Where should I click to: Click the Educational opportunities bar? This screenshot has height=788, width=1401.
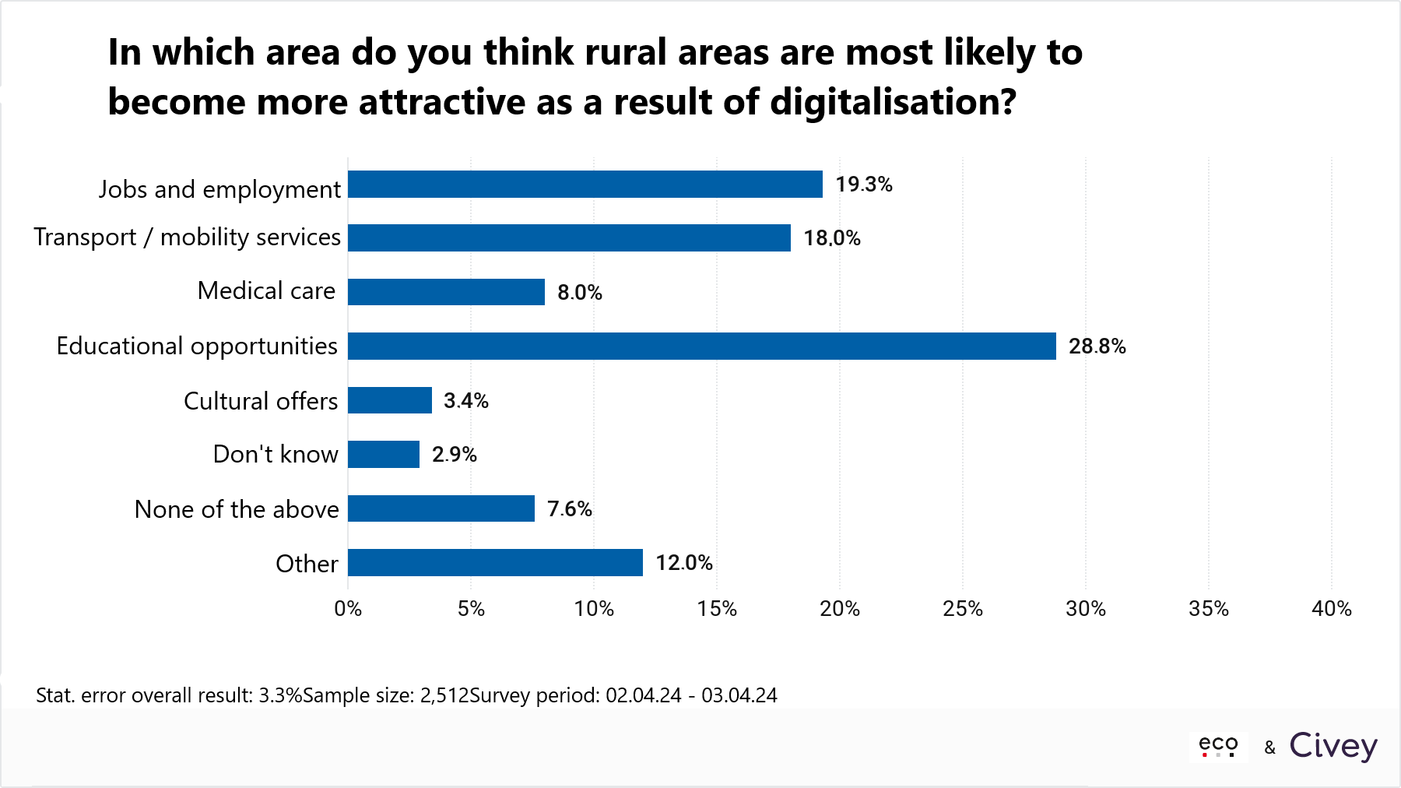coord(701,346)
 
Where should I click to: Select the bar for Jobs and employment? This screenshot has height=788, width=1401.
coord(585,185)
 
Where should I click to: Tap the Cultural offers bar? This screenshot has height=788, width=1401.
coord(389,400)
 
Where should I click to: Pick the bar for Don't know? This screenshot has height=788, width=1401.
coord(383,454)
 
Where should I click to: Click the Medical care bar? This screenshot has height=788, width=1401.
coord(446,292)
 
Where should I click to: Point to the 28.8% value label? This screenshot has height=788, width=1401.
coord(1097,347)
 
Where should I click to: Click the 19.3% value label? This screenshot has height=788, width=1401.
coord(863,185)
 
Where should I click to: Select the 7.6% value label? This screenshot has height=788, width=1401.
coord(569,509)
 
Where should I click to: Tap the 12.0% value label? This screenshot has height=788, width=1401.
coord(683,563)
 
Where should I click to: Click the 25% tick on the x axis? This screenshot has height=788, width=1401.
coord(963,609)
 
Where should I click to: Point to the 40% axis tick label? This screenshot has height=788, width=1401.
coord(1331,609)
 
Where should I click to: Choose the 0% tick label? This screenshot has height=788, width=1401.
coord(348,609)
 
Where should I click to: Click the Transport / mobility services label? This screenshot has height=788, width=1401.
coord(188,237)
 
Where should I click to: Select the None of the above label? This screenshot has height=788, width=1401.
coord(237,509)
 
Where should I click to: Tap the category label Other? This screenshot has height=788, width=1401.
coord(307,564)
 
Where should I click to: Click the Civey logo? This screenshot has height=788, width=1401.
coord(1333,746)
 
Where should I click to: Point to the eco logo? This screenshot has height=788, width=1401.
coord(1218,746)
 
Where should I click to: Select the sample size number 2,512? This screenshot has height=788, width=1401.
coord(444,695)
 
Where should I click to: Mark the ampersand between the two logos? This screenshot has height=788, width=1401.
coord(1269,748)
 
